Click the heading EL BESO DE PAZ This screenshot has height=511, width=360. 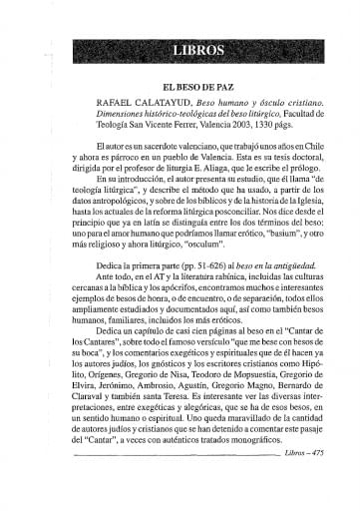pos(179,88)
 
